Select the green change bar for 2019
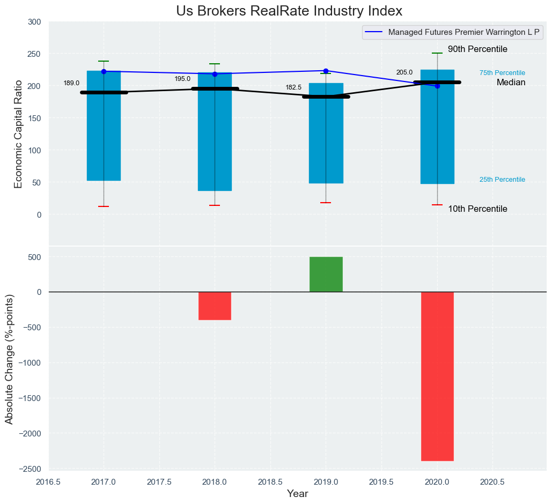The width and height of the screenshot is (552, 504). coord(326,274)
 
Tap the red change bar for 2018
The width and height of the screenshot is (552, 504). coord(215,306)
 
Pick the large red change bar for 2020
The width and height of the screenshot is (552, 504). coord(437,375)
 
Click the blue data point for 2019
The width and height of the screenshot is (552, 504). coord(326,71)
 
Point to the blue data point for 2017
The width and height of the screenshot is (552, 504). coord(104,71)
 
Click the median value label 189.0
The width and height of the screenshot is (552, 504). coord(71,84)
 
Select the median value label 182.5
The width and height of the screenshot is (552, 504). coord(293,87)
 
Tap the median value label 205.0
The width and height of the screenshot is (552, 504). coord(404,72)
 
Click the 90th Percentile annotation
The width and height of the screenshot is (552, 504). coord(477,49)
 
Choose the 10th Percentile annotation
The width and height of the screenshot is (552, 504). coord(477,209)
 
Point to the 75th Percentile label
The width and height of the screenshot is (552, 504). coord(502,73)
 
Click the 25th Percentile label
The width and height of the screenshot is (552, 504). coord(502,180)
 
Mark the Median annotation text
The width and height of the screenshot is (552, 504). coord(511,83)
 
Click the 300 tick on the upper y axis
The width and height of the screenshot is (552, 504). coord(34,22)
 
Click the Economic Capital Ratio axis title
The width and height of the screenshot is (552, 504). coord(18,134)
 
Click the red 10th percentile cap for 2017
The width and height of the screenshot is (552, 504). coord(104,206)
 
